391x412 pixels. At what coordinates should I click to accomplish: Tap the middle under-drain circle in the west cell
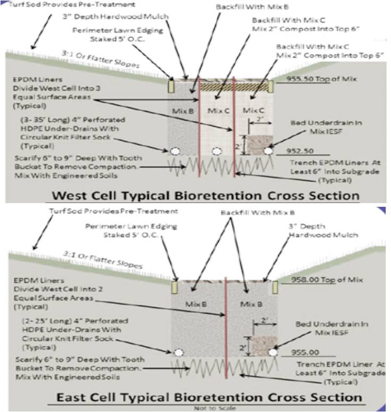click(x=217, y=152)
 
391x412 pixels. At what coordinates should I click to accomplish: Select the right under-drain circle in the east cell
click(x=273, y=352)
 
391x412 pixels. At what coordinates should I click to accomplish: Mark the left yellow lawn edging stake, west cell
click(x=172, y=86)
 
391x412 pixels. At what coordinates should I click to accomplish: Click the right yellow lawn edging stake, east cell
click(x=275, y=288)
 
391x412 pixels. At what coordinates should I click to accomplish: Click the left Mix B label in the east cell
click(x=195, y=304)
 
